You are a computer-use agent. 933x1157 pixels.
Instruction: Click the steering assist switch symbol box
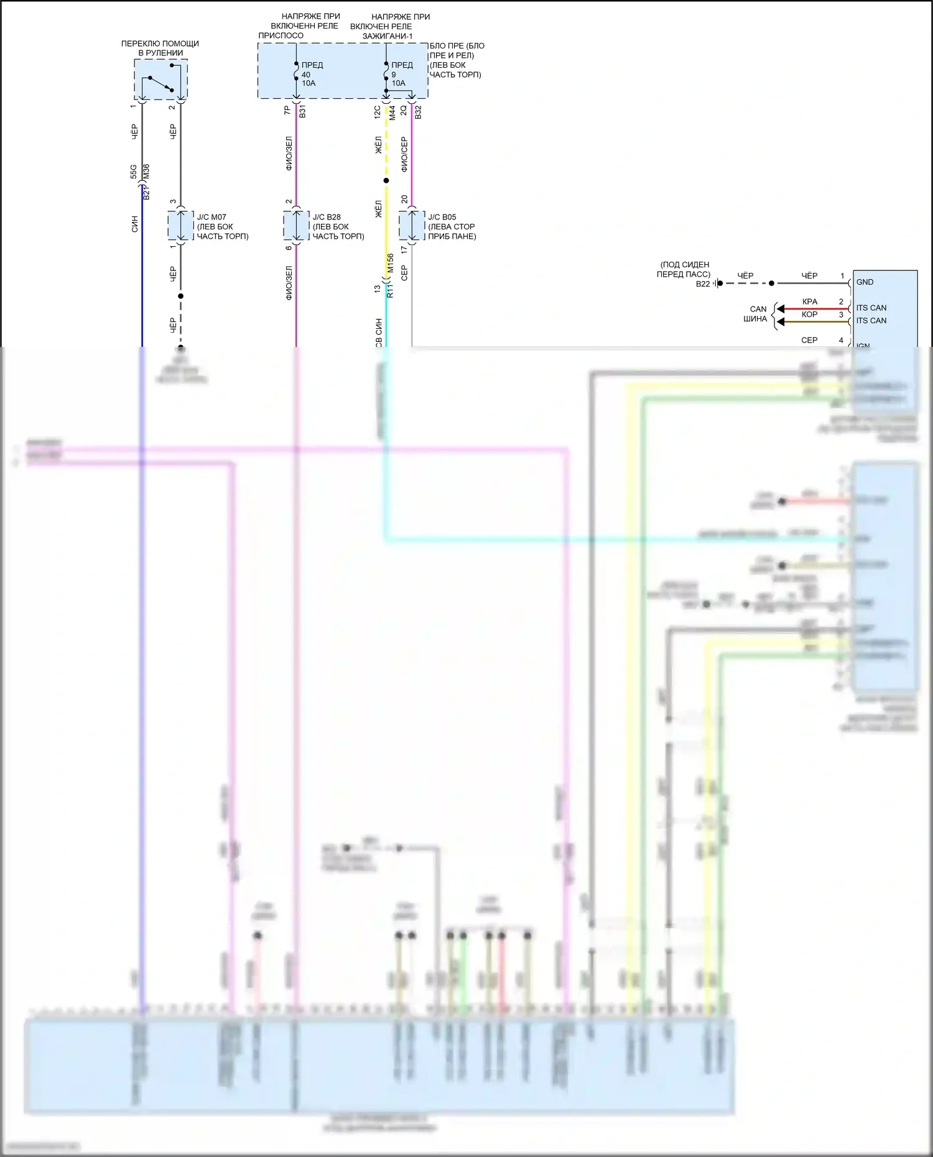(160, 80)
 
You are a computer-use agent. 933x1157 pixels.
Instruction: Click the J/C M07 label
(211, 217)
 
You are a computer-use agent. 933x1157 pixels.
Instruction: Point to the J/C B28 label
(327, 217)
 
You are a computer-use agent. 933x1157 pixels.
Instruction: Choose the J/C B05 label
(442, 217)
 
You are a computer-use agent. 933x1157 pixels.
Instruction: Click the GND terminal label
(865, 282)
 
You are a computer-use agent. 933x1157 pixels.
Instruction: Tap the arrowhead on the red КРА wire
(780, 309)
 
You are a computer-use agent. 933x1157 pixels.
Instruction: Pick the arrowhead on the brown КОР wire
(780, 321)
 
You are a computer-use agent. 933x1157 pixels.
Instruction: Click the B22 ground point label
(702, 283)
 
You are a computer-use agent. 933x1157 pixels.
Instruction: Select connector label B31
(303, 112)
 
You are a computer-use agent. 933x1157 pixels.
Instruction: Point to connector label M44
(392, 113)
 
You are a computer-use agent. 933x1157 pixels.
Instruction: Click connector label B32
(419, 112)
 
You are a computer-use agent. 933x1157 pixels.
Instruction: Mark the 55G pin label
(134, 172)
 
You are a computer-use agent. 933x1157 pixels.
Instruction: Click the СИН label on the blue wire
(134, 224)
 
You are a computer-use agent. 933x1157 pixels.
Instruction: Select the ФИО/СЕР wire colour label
(404, 154)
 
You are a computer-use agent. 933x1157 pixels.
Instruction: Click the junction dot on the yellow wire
(386, 181)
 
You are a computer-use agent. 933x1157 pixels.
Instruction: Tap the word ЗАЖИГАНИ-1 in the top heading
(388, 36)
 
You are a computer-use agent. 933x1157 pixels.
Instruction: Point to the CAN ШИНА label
(756, 314)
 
